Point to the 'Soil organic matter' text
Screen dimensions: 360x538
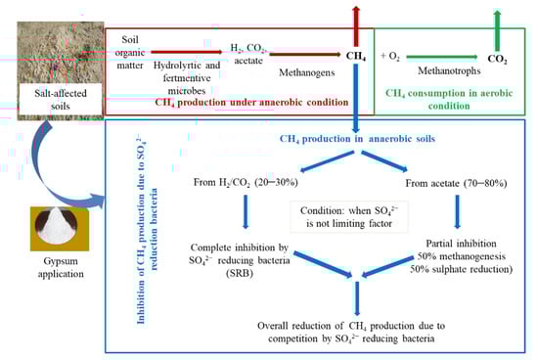(135, 49)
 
